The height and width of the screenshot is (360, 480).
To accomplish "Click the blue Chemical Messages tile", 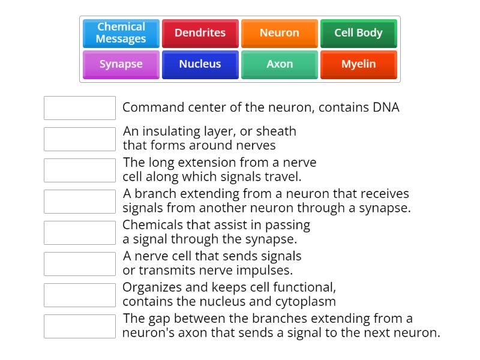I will (121, 33).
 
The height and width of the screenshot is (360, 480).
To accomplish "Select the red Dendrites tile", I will (200, 33).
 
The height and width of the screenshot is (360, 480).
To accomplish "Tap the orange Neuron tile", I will (279, 33).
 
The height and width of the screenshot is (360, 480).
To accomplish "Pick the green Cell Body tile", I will (358, 33).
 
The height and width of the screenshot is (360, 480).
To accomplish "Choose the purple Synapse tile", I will (121, 64).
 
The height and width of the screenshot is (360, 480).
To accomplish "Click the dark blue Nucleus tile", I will (200, 64).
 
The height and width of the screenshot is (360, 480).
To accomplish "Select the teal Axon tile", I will (279, 64).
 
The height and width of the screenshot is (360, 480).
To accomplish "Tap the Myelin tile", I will (358, 64).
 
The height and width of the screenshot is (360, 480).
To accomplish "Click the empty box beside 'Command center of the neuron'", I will (80, 108).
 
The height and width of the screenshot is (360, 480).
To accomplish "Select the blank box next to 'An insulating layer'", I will (80, 139).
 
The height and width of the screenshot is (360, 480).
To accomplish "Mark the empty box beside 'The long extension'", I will (80, 170).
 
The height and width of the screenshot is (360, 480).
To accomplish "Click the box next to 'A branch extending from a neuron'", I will (80, 202).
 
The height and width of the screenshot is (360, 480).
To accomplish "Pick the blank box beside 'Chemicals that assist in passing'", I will (80, 233).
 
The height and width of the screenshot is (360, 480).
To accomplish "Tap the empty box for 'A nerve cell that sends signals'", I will (80, 264).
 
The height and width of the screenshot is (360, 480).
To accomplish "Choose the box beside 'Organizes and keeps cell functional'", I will (80, 295).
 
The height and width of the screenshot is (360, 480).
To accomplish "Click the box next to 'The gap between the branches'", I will (80, 326).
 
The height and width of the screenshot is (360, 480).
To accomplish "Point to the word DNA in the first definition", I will (386, 108).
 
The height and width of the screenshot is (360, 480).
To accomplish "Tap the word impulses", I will (264, 271).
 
